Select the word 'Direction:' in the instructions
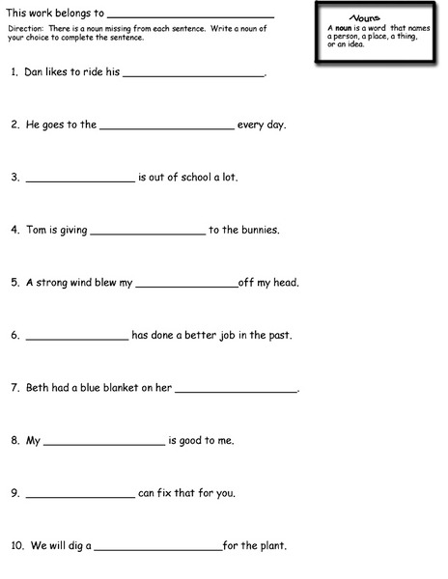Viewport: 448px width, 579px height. [26, 29]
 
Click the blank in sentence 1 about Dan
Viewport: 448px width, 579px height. [193, 75]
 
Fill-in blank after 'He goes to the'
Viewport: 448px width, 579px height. [166, 127]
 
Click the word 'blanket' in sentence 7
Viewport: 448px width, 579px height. [123, 388]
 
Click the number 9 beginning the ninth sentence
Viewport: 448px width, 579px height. [14, 493]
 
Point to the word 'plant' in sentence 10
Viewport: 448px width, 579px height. [272, 546]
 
